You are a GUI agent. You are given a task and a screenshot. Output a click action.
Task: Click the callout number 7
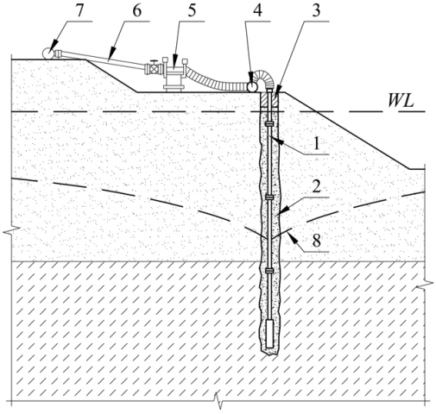click(79, 11)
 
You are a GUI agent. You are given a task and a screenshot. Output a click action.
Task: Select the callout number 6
click(136, 11)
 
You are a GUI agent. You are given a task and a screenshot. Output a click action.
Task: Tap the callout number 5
click(192, 11)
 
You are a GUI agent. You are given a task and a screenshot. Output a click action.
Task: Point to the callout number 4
click(257, 11)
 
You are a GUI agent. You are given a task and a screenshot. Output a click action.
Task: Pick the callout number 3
click(316, 11)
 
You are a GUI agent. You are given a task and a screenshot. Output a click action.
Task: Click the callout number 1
click(317, 144)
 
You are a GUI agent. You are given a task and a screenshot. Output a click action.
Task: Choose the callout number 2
click(316, 187)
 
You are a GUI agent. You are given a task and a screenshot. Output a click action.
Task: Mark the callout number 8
click(317, 241)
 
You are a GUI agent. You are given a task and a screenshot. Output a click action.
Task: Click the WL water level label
click(401, 101)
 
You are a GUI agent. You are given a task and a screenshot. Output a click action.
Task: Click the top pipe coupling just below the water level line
click(269, 123)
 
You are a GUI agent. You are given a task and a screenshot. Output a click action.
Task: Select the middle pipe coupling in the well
click(269, 198)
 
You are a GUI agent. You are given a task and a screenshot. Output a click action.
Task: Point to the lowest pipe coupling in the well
click(269, 271)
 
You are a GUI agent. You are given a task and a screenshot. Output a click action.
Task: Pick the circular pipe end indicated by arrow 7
click(47, 53)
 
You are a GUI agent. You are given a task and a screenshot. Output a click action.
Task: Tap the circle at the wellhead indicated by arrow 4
click(252, 86)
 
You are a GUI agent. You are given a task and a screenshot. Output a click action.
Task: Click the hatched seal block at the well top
click(269, 99)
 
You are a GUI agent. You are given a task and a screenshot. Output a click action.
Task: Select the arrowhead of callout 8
click(291, 236)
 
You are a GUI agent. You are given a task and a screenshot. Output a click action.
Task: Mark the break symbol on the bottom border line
click(218, 400)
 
